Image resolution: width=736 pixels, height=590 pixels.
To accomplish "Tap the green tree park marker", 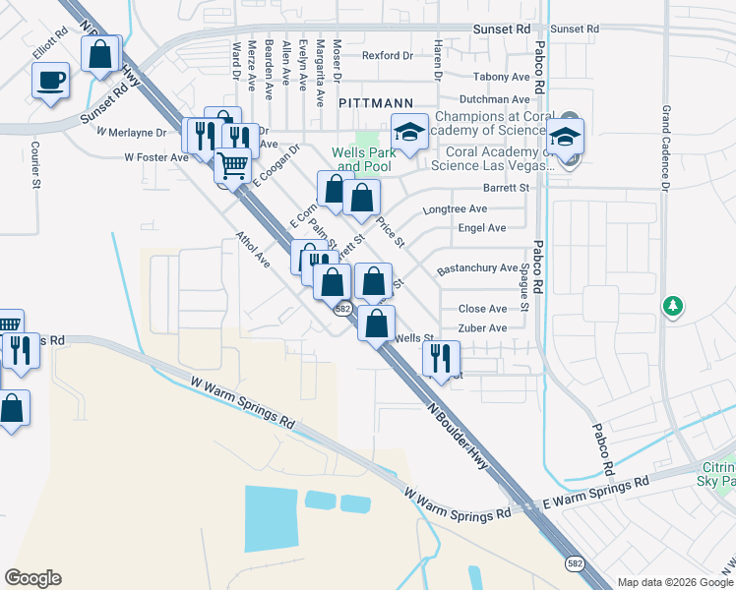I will [673, 307].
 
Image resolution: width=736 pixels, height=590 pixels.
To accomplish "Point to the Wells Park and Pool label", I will [363, 159].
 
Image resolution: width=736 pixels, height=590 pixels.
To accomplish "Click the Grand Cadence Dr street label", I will [666, 148].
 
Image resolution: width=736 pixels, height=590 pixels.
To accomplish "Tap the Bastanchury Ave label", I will [477, 267].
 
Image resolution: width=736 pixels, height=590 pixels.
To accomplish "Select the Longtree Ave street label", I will [455, 209].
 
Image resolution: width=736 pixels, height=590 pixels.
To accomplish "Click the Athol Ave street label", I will [252, 250].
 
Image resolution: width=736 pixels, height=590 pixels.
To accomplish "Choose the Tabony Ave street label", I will [502, 77].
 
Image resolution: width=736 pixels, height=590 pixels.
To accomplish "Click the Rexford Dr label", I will [387, 56].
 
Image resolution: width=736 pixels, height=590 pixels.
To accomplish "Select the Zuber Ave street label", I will [482, 328].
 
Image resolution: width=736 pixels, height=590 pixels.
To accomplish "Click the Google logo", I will [32, 578].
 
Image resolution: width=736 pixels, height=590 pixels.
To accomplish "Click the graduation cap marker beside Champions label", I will [409, 130].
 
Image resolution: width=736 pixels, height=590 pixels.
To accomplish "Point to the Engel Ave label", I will [482, 228].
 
